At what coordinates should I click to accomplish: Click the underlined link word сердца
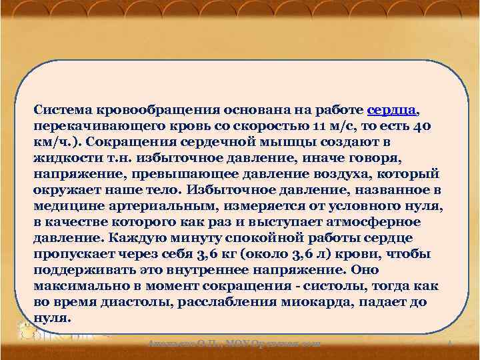pyautogui.click(x=393, y=109)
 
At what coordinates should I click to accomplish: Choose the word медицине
pyautogui.click(x=63, y=205)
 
